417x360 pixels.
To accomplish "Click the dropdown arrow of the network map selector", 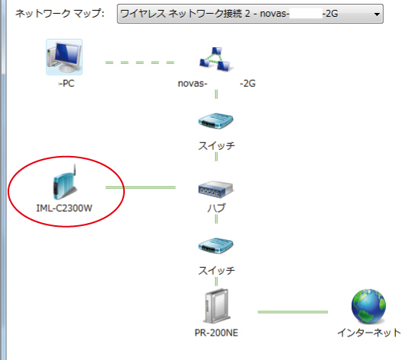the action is [377, 14].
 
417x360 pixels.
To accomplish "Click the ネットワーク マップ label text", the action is [60, 13].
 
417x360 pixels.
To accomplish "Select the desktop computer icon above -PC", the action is [64, 56].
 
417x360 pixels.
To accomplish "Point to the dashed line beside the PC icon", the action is [140, 62].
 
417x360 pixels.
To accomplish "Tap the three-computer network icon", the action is [215, 59].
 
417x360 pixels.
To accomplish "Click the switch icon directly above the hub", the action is [215, 121].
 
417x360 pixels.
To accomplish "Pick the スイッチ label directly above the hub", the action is [216, 145].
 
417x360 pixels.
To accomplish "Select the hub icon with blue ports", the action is [215, 189].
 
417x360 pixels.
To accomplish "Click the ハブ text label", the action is [216, 208].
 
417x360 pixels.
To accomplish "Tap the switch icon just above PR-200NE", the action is [215, 246].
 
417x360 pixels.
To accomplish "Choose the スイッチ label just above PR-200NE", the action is [216, 270].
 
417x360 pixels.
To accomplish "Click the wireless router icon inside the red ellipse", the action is [65, 183].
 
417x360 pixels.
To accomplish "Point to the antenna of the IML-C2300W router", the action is [75, 170].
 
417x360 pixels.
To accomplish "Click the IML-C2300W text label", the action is [64, 208].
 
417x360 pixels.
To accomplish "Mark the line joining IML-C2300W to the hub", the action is [141, 187].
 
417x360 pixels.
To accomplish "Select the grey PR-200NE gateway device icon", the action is [216, 306].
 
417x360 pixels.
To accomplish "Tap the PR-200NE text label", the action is [216, 333].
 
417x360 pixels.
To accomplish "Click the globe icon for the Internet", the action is [368, 306].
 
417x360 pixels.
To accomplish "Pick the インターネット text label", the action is [369, 333].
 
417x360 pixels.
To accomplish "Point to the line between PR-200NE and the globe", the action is [293, 312].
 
